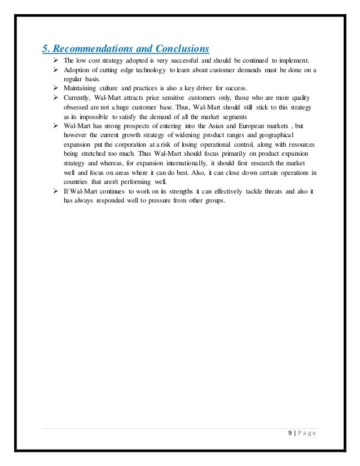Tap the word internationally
[205, 164]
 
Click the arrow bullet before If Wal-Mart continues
[56, 192]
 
